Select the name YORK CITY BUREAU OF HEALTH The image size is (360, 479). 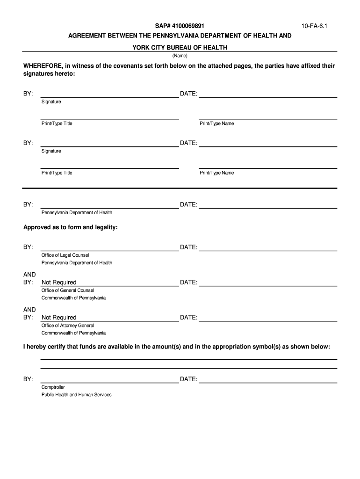coord(180,48)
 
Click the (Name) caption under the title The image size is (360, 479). coord(180,56)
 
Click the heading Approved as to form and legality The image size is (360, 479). coord(71,227)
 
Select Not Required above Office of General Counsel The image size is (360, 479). coord(59,283)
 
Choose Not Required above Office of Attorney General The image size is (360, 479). coord(59,318)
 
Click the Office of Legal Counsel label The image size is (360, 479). coord(65,255)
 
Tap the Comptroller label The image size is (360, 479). coord(53,387)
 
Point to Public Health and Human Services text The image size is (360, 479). coord(77,395)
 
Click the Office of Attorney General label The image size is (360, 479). coord(68,326)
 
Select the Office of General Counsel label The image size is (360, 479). coord(68,290)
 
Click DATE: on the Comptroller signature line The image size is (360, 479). coord(189,379)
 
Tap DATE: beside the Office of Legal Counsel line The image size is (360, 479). coord(189,247)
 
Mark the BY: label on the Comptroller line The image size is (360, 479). coord(28,379)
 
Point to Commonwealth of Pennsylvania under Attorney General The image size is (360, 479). coord(73,333)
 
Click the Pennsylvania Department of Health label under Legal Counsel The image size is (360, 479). coord(77,263)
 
